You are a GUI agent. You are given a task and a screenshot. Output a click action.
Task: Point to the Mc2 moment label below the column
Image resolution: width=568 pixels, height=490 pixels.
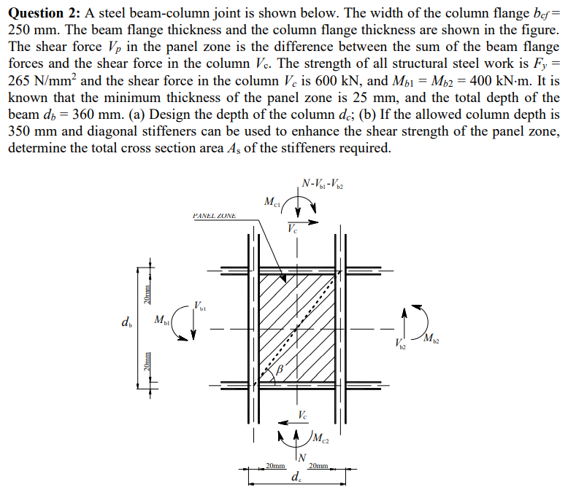[x=320, y=439]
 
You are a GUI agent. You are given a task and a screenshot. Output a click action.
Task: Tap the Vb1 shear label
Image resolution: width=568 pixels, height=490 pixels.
[x=200, y=303]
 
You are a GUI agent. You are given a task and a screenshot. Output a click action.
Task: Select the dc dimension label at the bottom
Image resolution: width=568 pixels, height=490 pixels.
[x=296, y=478]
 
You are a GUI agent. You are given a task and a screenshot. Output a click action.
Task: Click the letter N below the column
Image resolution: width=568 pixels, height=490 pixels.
[x=301, y=457]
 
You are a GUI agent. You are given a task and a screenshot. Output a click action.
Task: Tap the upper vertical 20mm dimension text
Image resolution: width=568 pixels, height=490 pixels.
[x=147, y=294]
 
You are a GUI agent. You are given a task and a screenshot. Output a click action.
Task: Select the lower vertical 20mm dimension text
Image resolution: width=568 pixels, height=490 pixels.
[x=147, y=362]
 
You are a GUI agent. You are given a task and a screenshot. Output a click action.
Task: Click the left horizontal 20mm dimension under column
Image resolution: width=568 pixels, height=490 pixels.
[x=275, y=464]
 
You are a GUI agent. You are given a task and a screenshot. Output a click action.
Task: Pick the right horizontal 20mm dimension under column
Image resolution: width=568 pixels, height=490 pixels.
[x=320, y=464]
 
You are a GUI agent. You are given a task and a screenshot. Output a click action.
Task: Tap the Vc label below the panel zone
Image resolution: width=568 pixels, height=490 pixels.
[x=302, y=415]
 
